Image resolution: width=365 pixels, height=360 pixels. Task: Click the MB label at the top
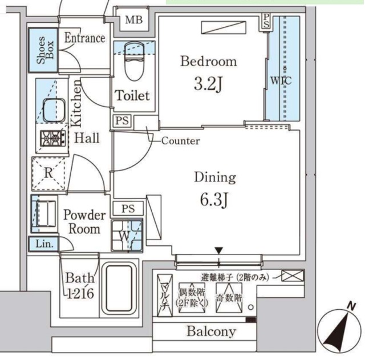point(133,20)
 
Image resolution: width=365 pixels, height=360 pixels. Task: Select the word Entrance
point(84,38)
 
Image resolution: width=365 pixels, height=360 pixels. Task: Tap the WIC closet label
point(280,81)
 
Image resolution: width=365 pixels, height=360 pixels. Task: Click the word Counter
point(180,140)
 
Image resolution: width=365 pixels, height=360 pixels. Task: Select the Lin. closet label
point(43,244)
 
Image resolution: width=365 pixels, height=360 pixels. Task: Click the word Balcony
point(211,331)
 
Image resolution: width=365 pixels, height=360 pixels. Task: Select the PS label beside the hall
point(121,121)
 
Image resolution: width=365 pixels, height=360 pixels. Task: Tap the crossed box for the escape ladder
point(293,277)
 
